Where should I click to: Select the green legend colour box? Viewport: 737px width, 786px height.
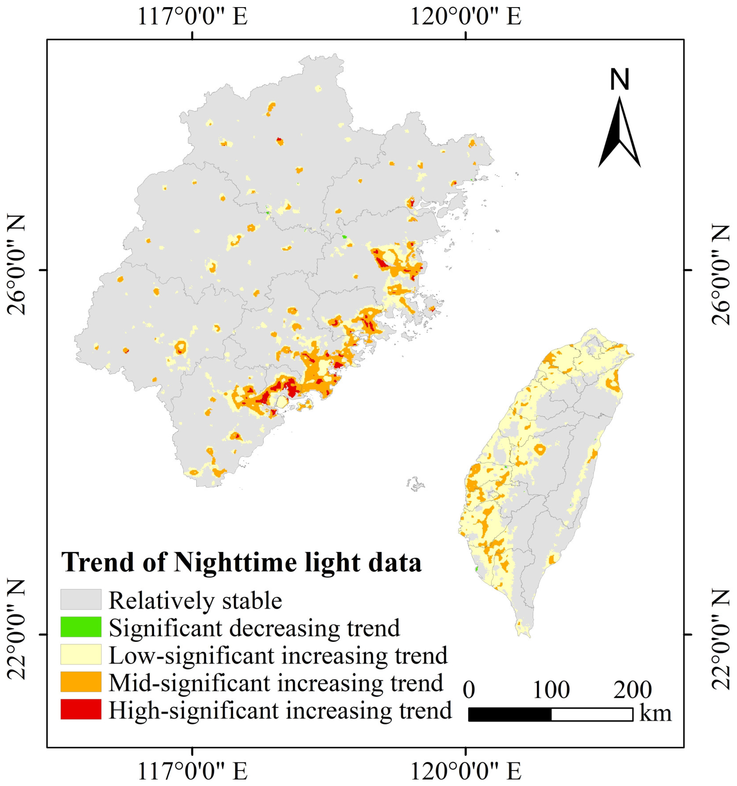81,627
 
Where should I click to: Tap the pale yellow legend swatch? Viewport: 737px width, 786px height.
81,654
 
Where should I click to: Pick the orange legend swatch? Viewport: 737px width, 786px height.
81,682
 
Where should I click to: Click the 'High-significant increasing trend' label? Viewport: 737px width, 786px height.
280,710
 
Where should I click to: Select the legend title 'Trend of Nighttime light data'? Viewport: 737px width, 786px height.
241,562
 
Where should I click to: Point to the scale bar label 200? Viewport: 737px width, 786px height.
632,690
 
